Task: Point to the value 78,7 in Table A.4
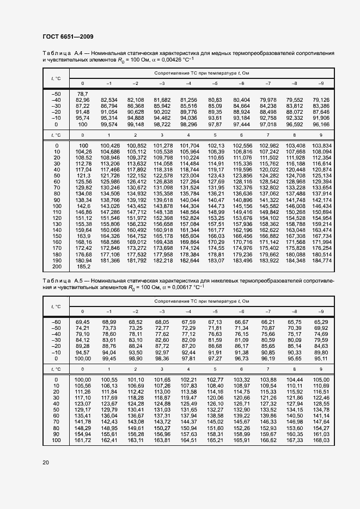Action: pos(82,94)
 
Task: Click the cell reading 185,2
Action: pos(83,267)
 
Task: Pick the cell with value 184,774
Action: pos(322,261)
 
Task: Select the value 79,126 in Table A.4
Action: pos(321,100)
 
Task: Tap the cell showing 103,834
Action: pos(321,146)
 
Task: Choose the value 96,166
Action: pos(321,124)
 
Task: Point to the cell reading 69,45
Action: pos(83,322)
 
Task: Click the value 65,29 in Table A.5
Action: pos(321,322)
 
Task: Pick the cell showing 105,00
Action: pos(321,379)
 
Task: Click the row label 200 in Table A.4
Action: pos(57,267)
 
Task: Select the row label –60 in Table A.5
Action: pos(56,322)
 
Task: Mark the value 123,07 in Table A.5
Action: pos(83,403)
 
